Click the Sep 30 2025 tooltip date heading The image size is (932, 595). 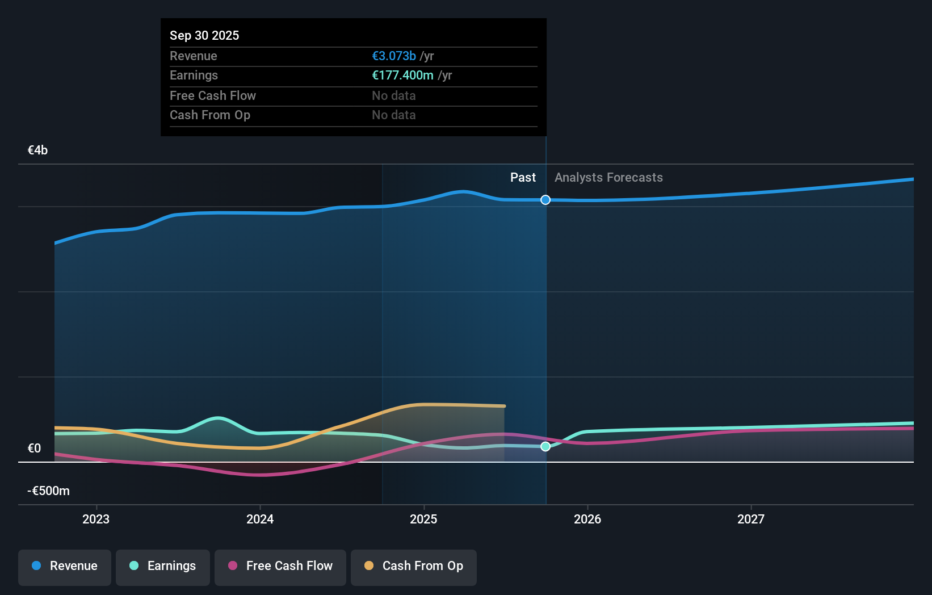click(x=204, y=35)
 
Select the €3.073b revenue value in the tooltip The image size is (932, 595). click(x=394, y=56)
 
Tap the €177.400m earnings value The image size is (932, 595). click(x=402, y=75)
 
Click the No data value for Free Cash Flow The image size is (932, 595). click(x=393, y=95)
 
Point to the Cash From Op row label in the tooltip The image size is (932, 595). click(x=210, y=115)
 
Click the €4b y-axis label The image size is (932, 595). click(x=37, y=150)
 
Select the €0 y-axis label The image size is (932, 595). click(x=34, y=448)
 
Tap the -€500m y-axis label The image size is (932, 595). click(x=48, y=491)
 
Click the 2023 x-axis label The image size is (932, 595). click(x=96, y=519)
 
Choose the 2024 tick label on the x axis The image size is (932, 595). click(x=260, y=519)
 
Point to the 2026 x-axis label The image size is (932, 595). click(x=587, y=519)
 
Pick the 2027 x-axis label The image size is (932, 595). click(x=750, y=519)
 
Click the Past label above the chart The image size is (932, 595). click(x=523, y=177)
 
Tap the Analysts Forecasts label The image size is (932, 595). click(x=608, y=177)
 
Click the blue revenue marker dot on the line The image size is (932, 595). click(x=545, y=200)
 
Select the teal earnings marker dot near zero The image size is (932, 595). click(x=545, y=446)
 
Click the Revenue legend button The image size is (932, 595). click(x=65, y=567)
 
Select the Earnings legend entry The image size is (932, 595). click(x=163, y=567)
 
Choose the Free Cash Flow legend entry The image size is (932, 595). click(x=280, y=567)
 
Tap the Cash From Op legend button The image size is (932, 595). click(x=414, y=567)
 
